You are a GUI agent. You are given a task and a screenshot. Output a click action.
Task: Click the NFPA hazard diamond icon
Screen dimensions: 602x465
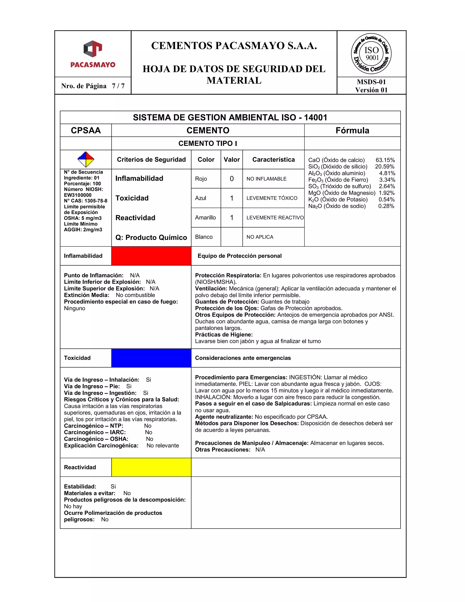click(86, 159)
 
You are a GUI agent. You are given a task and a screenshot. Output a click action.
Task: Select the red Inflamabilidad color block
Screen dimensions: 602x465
click(151, 256)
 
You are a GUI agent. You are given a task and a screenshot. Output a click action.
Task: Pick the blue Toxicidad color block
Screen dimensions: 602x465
click(151, 358)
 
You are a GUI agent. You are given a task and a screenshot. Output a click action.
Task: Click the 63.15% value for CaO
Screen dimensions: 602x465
click(385, 160)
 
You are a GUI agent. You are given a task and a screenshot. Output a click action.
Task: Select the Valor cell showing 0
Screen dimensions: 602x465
click(232, 179)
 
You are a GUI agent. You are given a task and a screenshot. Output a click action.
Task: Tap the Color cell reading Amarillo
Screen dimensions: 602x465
click(205, 217)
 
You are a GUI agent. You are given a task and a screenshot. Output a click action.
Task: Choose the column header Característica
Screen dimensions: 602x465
click(273, 160)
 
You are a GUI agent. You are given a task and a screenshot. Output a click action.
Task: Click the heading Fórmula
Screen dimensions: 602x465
click(352, 130)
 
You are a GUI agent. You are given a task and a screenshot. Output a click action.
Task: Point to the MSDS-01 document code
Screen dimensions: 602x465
click(371, 82)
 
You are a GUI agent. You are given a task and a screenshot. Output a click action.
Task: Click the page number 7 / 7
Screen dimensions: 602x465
click(118, 86)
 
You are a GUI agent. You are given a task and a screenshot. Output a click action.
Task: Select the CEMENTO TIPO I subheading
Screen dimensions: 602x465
click(208, 143)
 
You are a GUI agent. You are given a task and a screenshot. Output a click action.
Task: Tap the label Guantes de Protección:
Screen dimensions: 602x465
click(227, 301)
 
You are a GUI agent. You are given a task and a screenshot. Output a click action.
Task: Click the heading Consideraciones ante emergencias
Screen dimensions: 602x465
click(243, 358)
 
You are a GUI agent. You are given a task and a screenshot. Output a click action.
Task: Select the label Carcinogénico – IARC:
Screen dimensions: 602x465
click(95, 432)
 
